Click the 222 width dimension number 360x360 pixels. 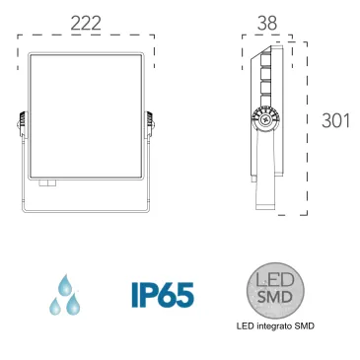point(86,24)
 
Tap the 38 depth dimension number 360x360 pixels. point(267,24)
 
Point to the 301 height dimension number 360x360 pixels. point(335,120)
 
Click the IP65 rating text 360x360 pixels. point(163,295)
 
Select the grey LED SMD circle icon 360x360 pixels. point(275,290)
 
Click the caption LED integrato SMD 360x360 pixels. point(275,326)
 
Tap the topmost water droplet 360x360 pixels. point(65,284)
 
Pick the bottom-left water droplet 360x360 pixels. point(55,307)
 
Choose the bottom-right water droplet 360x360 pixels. point(73,304)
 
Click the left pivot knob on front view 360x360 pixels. point(21,124)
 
